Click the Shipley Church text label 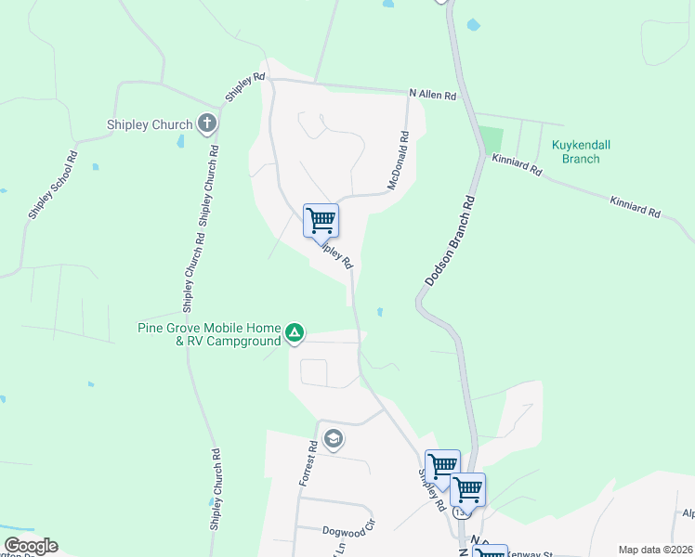tap(149, 124)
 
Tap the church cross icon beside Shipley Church tap(207, 123)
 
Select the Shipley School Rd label tap(52, 185)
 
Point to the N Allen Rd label tap(433, 95)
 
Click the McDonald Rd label tap(399, 161)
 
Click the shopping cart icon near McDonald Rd tap(321, 220)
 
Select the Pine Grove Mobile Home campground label tap(209, 334)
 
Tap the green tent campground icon tap(295, 333)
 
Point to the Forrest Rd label tap(308, 462)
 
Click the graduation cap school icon tap(333, 438)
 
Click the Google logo tap(31, 546)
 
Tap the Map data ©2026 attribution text tap(655, 550)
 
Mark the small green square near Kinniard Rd tap(491, 141)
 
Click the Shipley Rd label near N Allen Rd tap(246, 87)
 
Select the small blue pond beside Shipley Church tap(180, 143)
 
